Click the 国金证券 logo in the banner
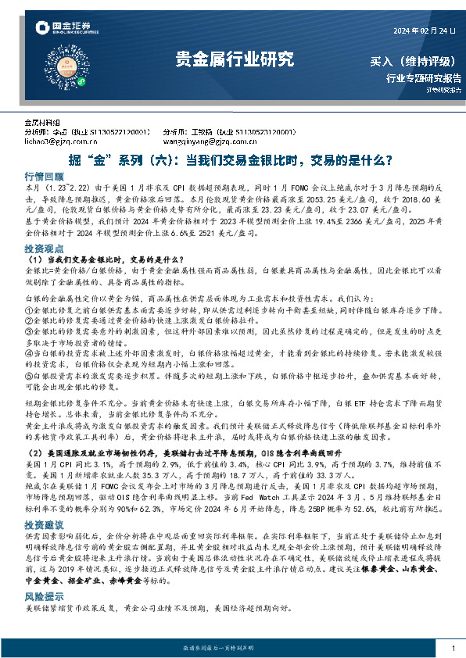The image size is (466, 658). point(66,30)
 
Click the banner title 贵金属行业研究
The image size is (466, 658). point(233,59)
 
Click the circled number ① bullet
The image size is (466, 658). point(29,309)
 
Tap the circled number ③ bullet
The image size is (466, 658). point(29,331)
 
